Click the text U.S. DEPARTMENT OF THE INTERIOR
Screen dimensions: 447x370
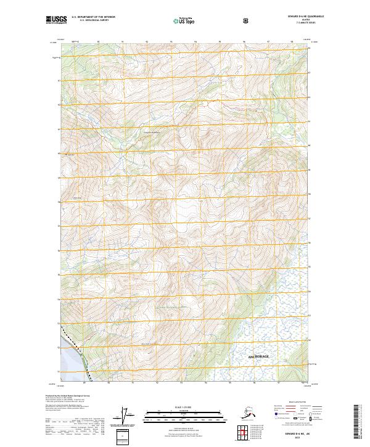point(93,17)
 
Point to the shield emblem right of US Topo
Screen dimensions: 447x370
point(245,21)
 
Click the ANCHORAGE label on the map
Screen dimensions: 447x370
point(259,356)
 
